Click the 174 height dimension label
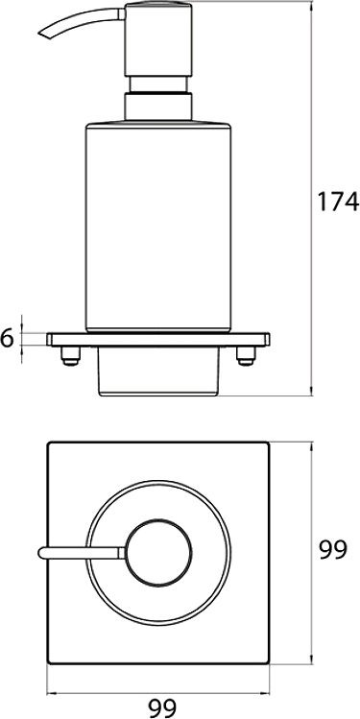[338, 202]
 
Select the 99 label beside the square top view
[333, 550]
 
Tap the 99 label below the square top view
[162, 708]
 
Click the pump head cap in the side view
[158, 40]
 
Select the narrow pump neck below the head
[158, 84]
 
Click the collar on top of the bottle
[158, 107]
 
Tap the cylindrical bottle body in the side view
[158, 226]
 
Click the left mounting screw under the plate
[71, 356]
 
